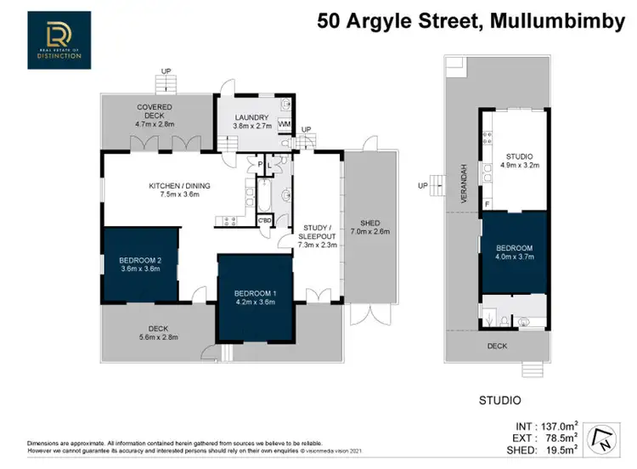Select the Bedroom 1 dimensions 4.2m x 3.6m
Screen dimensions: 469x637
click(255, 302)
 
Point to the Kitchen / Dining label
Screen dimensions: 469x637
click(179, 186)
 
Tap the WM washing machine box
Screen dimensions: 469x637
click(284, 124)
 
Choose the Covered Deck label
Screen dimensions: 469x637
click(154, 107)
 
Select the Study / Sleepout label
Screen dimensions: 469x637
click(319, 232)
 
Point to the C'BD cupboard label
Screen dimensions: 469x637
click(266, 221)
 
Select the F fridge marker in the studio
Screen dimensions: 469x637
click(487, 204)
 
